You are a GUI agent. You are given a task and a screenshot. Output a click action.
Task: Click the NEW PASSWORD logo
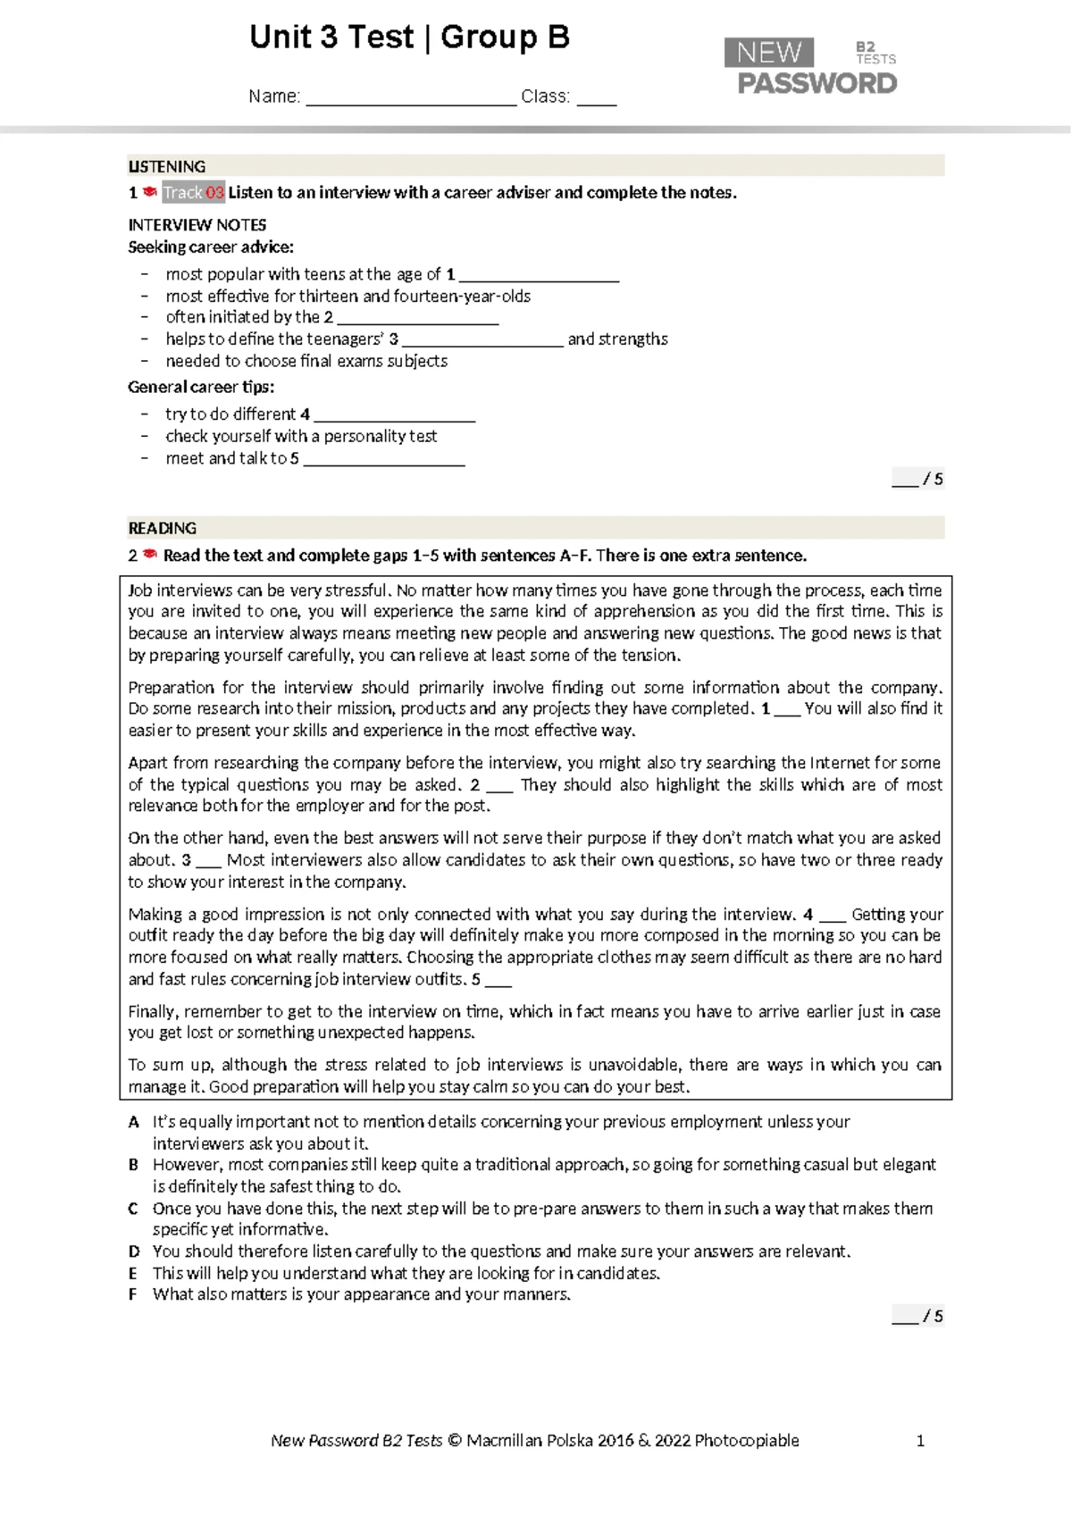tap(810, 66)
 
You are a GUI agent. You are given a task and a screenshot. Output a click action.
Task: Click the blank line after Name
tap(411, 101)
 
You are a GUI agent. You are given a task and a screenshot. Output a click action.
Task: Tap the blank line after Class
tap(596, 101)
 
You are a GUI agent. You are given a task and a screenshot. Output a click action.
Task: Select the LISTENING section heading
tap(167, 166)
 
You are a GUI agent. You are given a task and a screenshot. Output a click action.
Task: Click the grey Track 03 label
tap(193, 193)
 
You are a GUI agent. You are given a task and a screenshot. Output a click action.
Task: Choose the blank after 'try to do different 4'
tap(394, 417)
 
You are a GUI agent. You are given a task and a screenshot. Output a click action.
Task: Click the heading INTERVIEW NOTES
tap(197, 225)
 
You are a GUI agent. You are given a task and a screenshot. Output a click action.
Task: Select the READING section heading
tap(163, 528)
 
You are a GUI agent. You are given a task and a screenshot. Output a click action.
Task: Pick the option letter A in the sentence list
tap(134, 1122)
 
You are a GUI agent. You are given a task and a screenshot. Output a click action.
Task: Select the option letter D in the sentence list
tap(134, 1251)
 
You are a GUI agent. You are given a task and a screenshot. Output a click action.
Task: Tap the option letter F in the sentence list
tap(133, 1294)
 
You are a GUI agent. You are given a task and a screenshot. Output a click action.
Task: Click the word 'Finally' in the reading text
tap(153, 1011)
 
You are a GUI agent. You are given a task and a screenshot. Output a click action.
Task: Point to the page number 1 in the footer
tap(921, 1440)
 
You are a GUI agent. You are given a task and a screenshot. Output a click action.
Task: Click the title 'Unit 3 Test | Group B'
tap(409, 38)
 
